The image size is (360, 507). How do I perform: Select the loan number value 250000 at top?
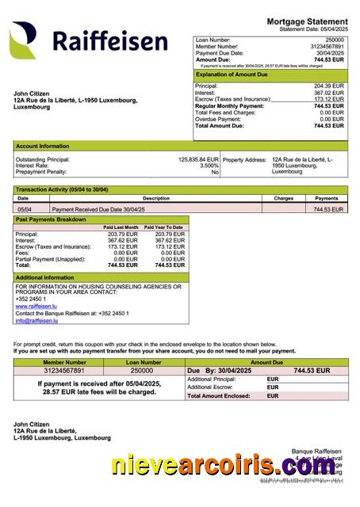pos(334,39)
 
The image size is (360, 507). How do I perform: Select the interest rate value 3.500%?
pos(209,165)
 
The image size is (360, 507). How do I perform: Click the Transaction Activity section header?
pos(62,189)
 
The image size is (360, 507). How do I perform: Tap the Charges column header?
pos(283,198)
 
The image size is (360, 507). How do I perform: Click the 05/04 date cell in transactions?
pos(25,209)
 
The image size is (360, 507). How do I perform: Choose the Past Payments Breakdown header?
pos(51,219)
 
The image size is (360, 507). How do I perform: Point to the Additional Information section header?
pos(45,277)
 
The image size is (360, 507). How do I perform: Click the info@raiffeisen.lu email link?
pos(33,320)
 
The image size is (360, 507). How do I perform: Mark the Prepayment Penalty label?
pos(41,171)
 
